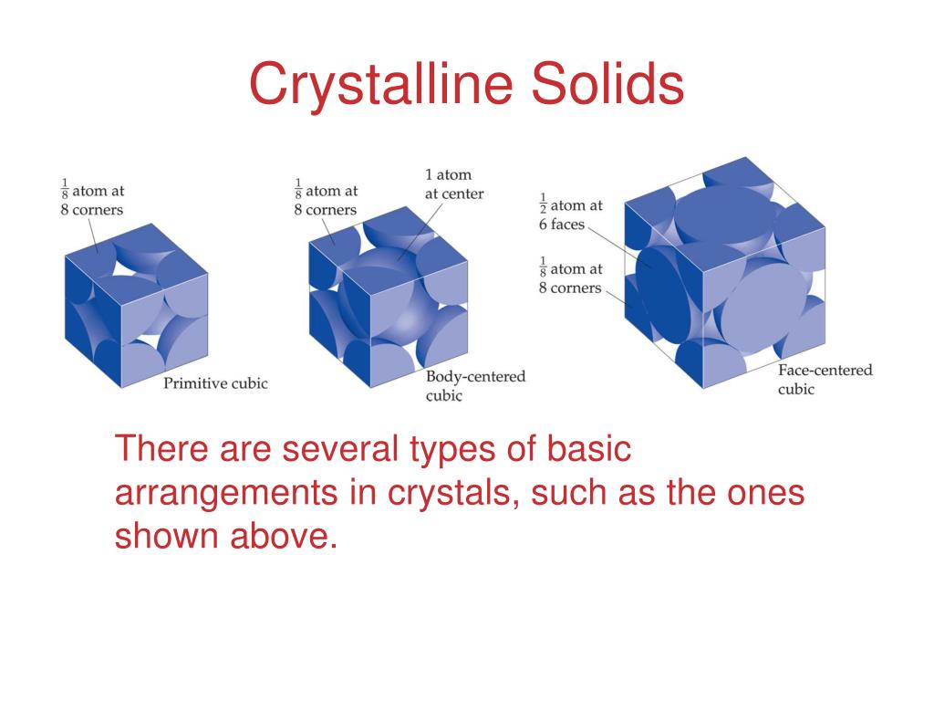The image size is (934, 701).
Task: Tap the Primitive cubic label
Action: [x=215, y=383]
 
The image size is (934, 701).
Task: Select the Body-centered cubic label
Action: [x=475, y=386]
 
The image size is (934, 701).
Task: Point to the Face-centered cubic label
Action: [x=825, y=379]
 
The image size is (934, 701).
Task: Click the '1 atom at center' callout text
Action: [x=454, y=183]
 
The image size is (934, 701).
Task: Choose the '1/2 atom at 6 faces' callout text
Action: [x=571, y=214]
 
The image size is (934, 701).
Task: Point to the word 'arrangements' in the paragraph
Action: [x=226, y=495]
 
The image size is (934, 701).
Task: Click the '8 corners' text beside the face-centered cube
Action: [x=570, y=288]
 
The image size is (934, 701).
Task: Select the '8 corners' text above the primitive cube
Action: [x=92, y=210]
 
